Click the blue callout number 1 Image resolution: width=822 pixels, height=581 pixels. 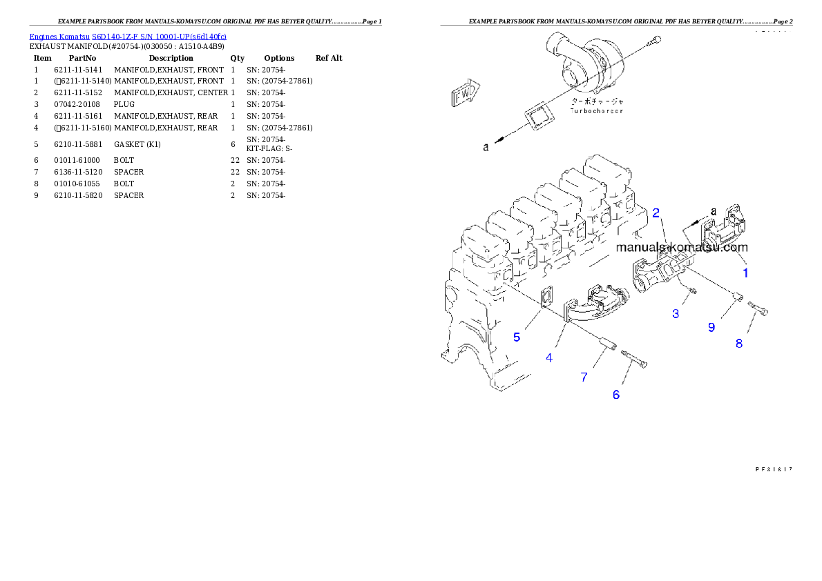(x=745, y=273)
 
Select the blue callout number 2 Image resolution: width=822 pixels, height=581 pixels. (x=656, y=212)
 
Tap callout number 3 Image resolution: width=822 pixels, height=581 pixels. (x=676, y=313)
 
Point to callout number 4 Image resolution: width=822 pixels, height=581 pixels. (x=549, y=357)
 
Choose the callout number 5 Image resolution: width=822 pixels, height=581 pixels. (x=516, y=337)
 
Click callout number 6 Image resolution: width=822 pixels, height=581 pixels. (x=616, y=394)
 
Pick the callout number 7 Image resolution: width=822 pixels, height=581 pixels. (x=584, y=377)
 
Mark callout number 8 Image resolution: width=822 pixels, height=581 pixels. (x=738, y=343)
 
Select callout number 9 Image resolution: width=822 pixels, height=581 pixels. (x=711, y=327)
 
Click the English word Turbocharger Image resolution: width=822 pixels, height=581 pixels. (x=596, y=110)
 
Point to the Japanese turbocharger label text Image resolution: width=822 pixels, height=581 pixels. (x=595, y=101)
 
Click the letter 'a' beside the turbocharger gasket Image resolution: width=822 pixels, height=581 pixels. (x=486, y=147)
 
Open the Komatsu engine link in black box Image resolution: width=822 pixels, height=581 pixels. (x=128, y=36)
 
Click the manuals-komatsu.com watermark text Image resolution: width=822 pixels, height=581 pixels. (x=682, y=247)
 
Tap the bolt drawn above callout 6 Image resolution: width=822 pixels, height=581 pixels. (x=635, y=359)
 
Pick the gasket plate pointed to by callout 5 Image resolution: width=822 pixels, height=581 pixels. (x=546, y=298)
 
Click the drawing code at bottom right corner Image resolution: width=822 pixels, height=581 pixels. (x=773, y=468)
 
